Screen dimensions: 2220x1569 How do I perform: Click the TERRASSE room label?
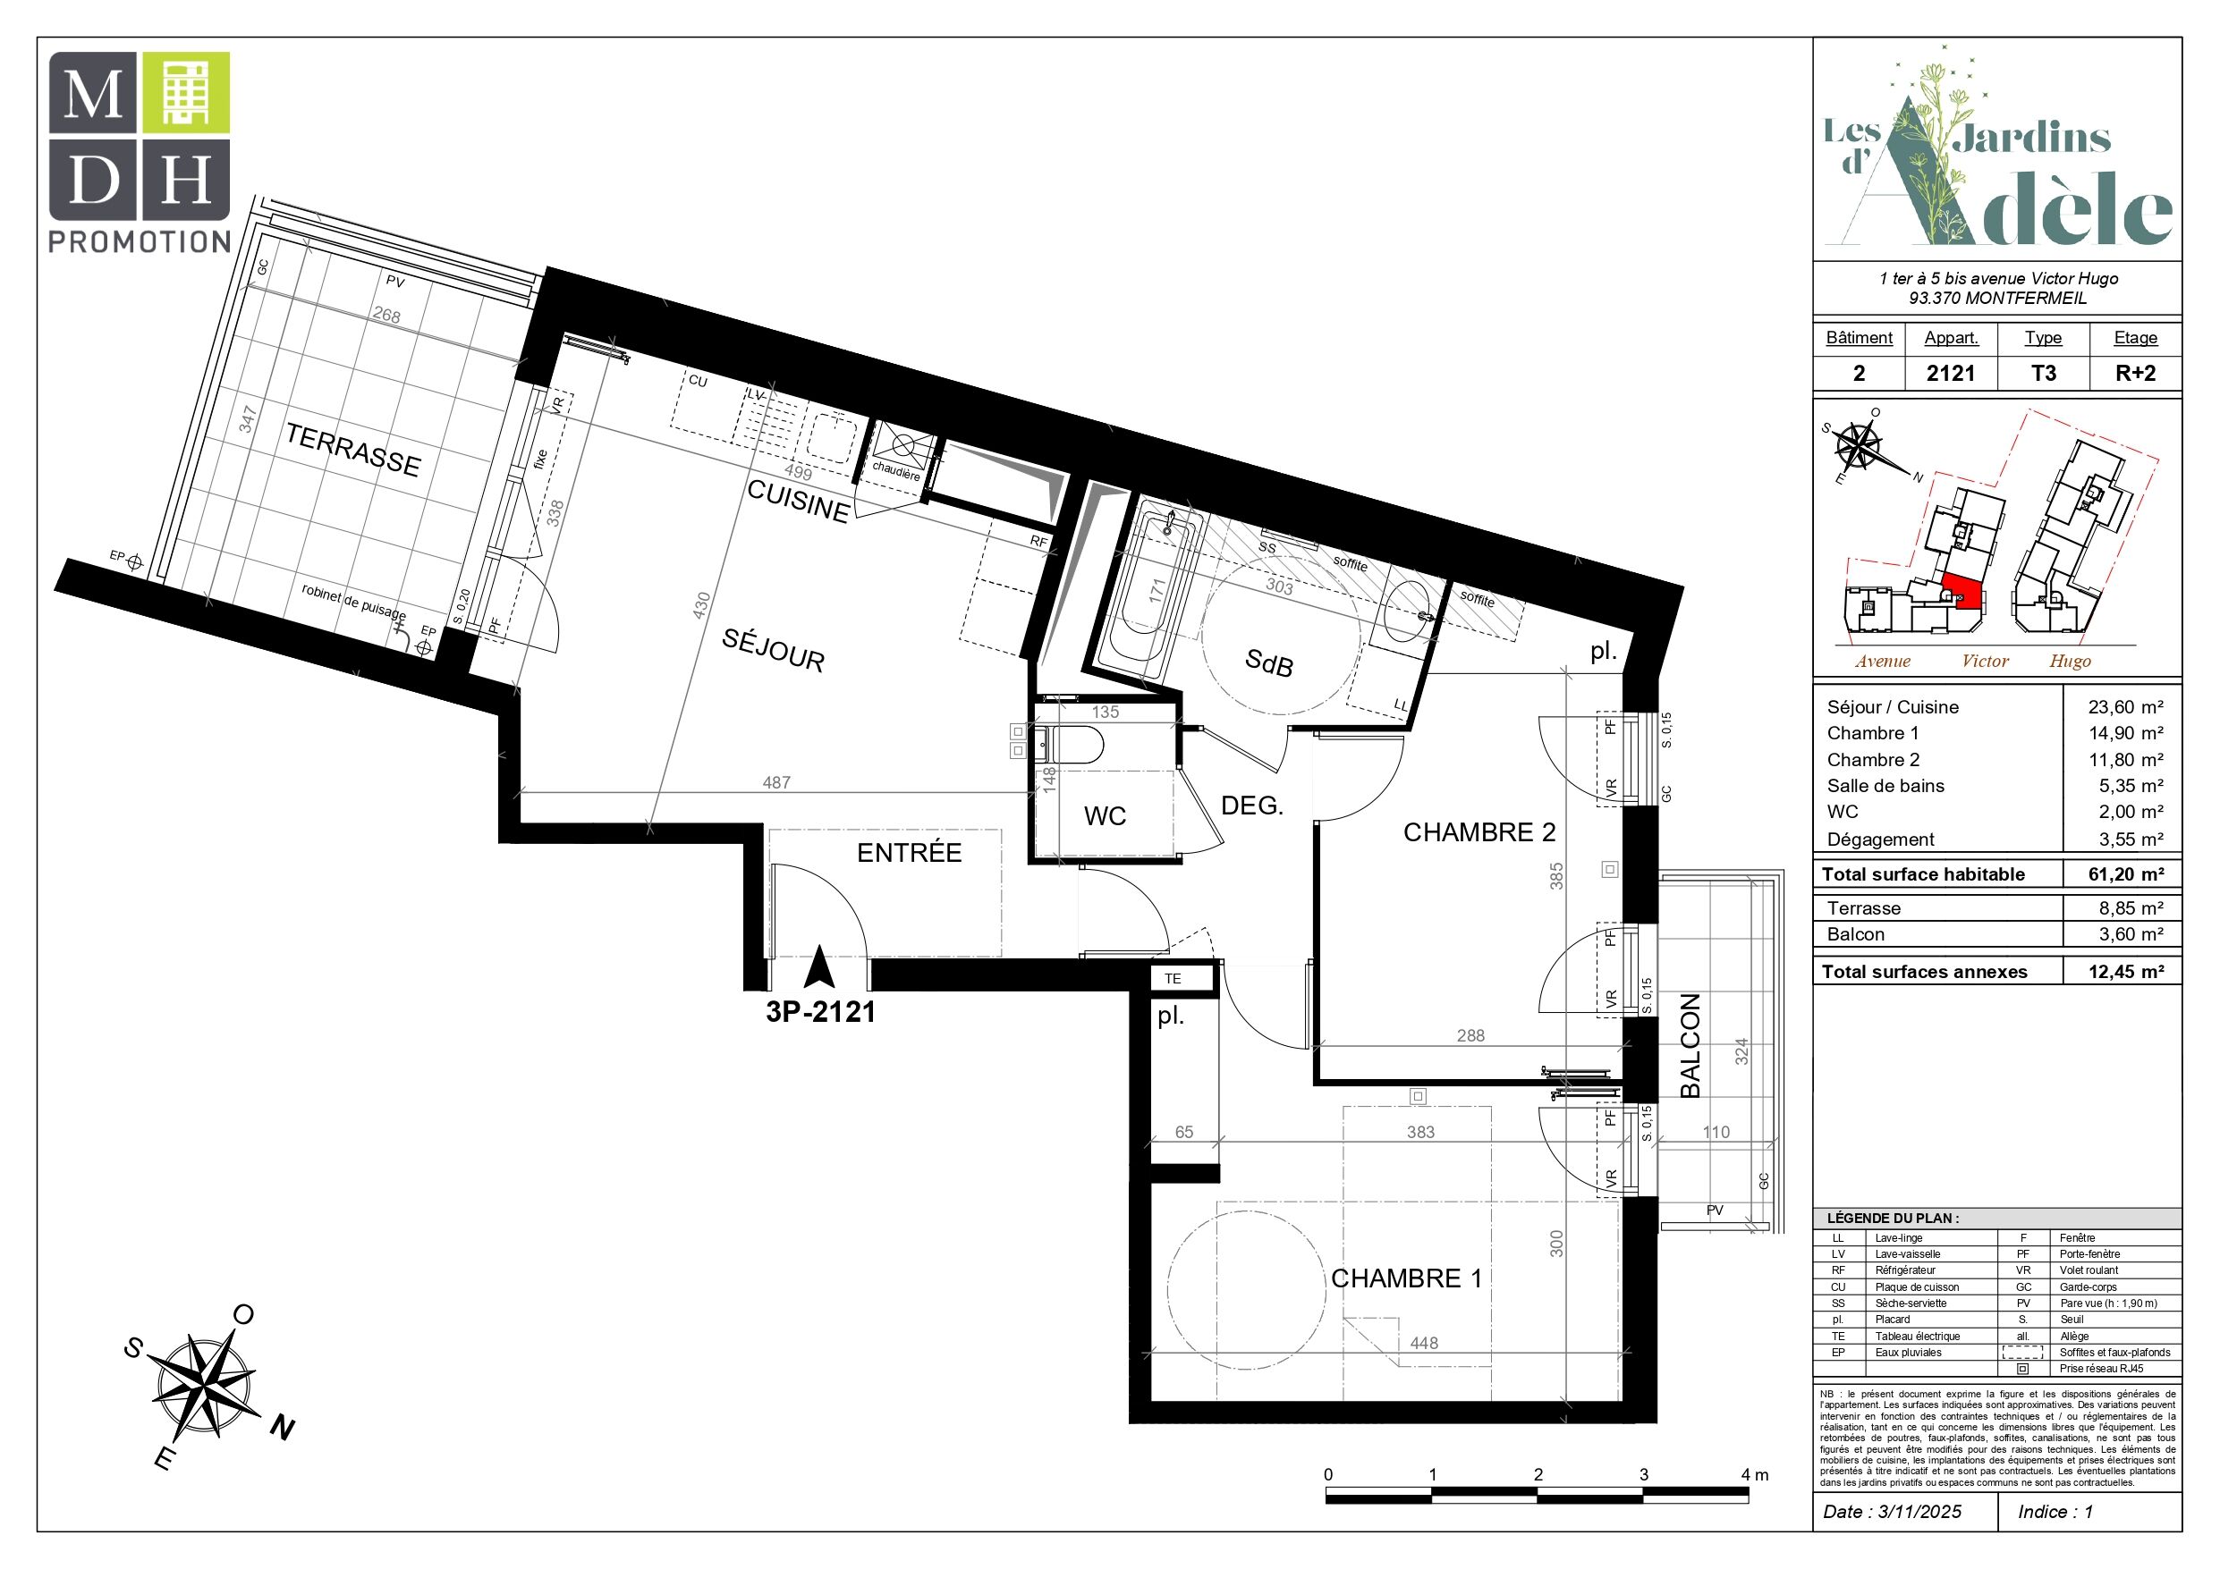coord(353,451)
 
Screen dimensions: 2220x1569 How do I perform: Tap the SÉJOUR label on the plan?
coord(774,650)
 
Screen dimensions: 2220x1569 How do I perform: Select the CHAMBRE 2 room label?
coord(1479,832)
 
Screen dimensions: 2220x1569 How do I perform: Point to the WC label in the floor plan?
coord(1106,816)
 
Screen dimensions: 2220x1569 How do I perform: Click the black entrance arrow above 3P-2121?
coord(819,966)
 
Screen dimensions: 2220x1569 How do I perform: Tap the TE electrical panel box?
coord(1181,978)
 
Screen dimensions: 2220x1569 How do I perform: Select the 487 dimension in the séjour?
coord(776,782)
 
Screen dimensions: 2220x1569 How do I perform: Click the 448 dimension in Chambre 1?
coord(1424,1343)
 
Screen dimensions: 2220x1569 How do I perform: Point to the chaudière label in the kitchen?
coord(896,471)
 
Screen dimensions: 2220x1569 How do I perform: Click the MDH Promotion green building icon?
coord(186,93)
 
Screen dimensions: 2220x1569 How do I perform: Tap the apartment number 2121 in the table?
coord(1950,373)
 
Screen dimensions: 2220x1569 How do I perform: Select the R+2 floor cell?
coord(2135,373)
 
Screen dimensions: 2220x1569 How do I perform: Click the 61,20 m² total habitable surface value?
coord(2126,874)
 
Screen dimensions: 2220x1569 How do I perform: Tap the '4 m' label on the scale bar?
coord(1755,1474)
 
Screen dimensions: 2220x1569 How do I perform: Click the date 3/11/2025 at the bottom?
coord(1919,1511)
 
